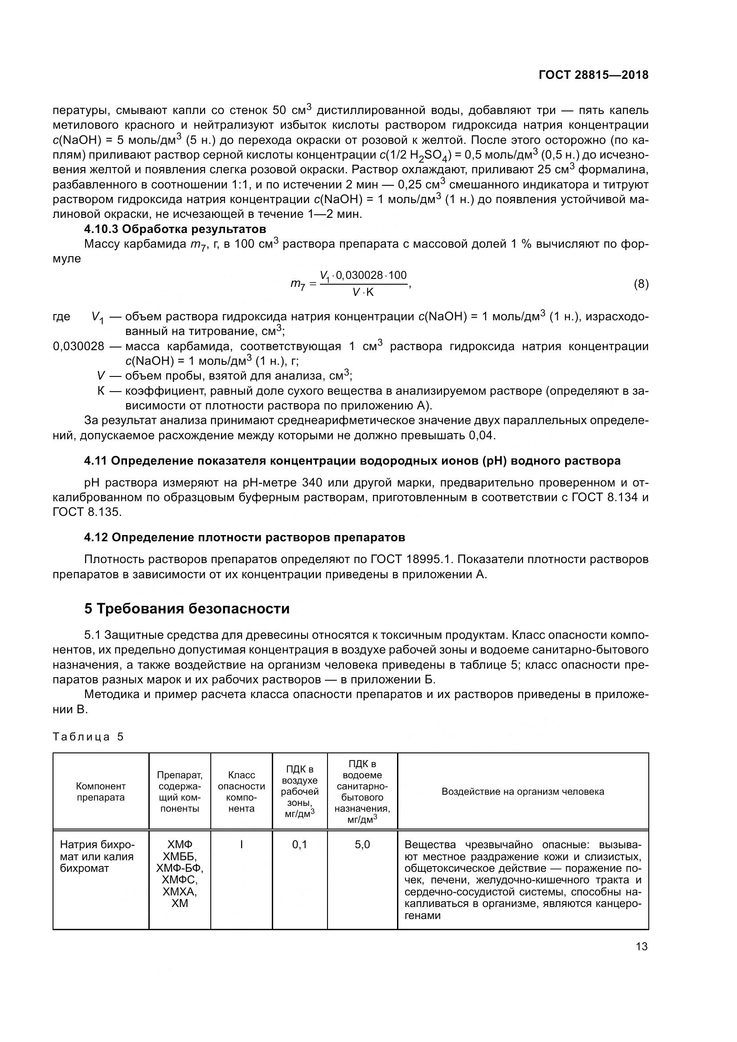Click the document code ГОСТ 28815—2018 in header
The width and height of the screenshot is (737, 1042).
coord(593,75)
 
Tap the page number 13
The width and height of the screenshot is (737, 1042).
coord(642,947)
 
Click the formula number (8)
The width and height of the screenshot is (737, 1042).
coord(641,284)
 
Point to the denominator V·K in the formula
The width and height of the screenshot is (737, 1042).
coord(363,293)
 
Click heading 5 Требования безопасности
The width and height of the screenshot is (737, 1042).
coord(187,609)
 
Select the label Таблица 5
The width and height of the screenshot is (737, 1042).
coord(88,736)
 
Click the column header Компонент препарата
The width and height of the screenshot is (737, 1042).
coord(101,792)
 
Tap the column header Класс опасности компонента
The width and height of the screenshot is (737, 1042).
coord(242,792)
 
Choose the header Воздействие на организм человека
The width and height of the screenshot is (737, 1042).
coord(523,792)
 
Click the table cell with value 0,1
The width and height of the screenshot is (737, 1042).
coord(299,845)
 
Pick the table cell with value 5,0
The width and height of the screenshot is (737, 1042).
coord(362,845)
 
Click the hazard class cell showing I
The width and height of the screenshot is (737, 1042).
coord(242,845)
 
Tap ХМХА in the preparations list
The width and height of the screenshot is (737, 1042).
coord(180,892)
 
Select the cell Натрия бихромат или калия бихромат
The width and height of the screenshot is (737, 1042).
coord(98,856)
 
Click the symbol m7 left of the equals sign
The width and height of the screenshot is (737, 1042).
coord(298,285)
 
